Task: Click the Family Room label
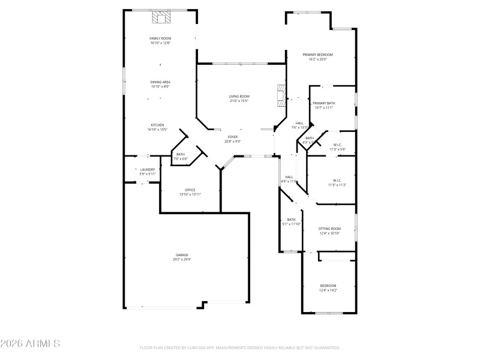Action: click(160, 38)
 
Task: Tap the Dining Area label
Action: click(160, 82)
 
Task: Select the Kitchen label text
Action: click(157, 125)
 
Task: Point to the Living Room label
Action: click(239, 97)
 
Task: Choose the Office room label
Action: click(190, 190)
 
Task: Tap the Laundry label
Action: click(148, 170)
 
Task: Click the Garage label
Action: click(182, 255)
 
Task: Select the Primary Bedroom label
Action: click(321, 55)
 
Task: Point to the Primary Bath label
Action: click(323, 104)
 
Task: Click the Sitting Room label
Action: click(329, 229)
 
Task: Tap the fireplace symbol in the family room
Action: click(161, 18)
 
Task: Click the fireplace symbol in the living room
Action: click(280, 95)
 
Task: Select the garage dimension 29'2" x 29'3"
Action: click(182, 259)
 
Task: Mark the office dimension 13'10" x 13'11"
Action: click(190, 194)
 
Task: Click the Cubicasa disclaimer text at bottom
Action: click(240, 347)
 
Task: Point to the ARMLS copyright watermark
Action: click(30, 344)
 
